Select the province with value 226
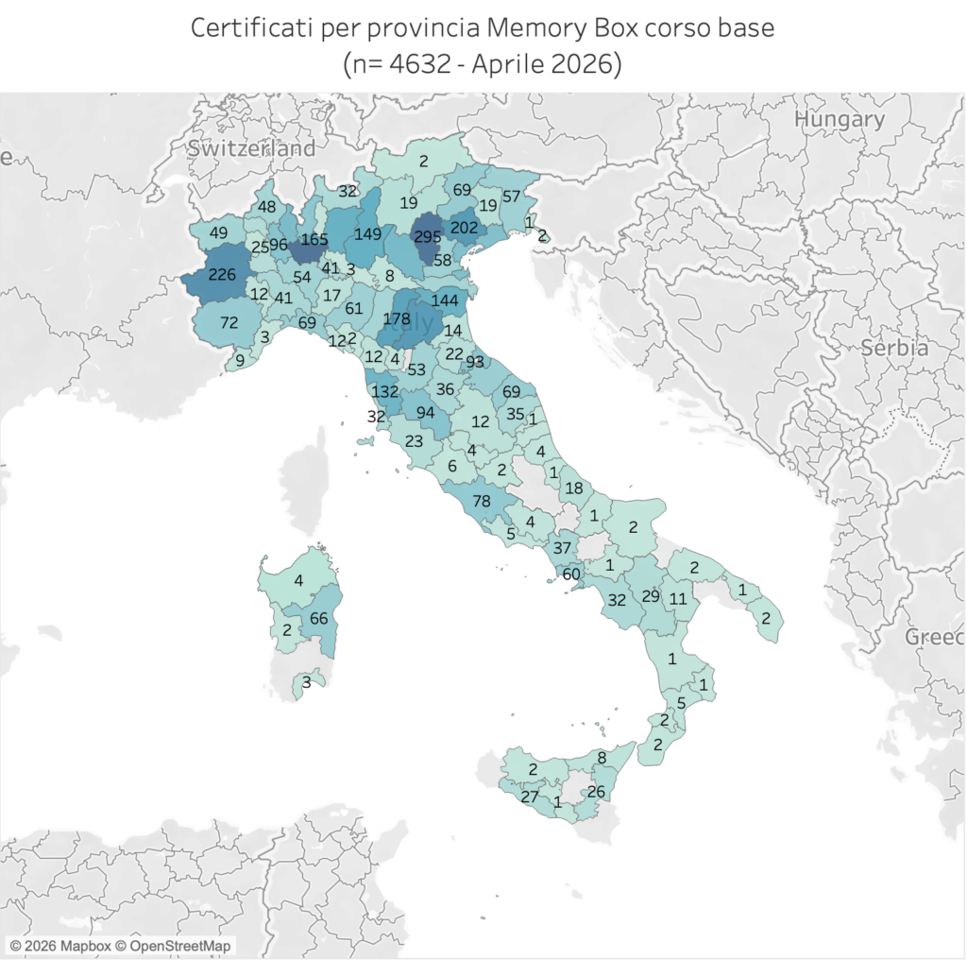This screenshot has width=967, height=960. (222, 275)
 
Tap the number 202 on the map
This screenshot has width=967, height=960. (465, 228)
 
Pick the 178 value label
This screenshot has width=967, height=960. (397, 319)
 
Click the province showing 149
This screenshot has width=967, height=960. (367, 233)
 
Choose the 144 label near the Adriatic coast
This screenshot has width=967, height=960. (444, 300)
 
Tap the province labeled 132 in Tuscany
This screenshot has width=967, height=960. (385, 390)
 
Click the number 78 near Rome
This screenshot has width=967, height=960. (481, 501)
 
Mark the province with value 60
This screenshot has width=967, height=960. (571, 574)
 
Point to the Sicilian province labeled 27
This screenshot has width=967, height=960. (530, 797)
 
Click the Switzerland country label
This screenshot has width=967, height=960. (251, 148)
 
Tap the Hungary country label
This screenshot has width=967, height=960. (840, 119)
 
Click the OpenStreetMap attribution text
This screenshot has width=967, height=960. (179, 946)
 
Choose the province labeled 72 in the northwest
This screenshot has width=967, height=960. (229, 322)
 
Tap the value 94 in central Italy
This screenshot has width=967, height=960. (426, 412)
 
